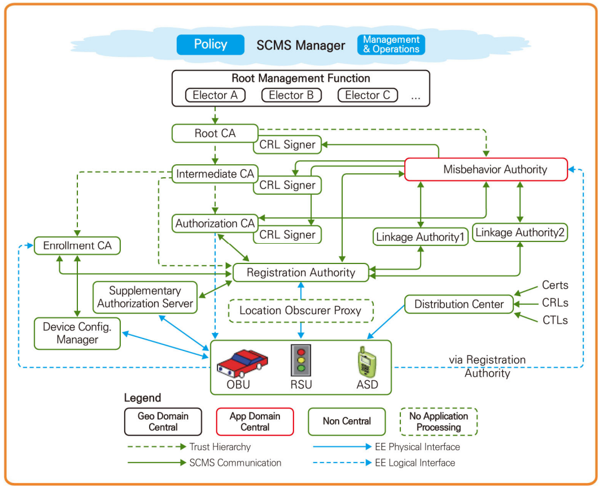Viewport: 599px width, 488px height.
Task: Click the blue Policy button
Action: tap(210, 45)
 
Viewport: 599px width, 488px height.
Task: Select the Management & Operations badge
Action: tap(391, 45)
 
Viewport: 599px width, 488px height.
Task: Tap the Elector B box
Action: tap(291, 95)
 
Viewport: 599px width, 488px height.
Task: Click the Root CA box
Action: tap(215, 134)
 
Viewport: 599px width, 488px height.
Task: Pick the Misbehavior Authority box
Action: tap(486, 169)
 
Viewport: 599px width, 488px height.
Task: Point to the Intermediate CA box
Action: tap(215, 174)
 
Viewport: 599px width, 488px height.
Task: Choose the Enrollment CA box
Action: tap(77, 245)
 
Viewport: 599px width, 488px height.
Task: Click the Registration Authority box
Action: tap(300, 272)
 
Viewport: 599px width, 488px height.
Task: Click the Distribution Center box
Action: tap(459, 304)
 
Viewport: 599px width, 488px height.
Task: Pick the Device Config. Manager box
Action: tap(77, 333)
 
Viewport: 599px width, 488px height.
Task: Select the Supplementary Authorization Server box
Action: tap(145, 297)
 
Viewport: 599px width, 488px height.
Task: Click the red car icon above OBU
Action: tap(243, 362)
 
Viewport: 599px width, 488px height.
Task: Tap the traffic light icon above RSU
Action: tap(300, 360)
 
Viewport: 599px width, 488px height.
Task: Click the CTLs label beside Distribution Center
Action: tap(554, 320)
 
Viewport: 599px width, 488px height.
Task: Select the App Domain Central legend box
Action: tap(255, 421)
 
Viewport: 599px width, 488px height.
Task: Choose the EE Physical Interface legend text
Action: tap(417, 447)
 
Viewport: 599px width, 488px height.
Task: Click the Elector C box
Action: tap(368, 95)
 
